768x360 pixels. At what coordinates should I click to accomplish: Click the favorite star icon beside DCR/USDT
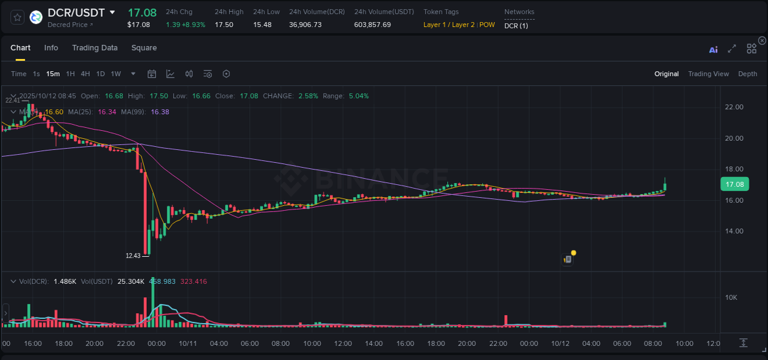(18, 17)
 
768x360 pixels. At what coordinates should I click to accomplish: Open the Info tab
(51, 48)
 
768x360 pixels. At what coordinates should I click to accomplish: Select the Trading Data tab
(95, 48)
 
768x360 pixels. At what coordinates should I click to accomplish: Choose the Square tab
(144, 48)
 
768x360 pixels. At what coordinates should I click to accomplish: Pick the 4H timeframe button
(85, 74)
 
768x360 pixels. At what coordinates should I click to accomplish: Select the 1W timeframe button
(116, 74)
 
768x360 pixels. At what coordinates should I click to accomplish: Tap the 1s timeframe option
(36, 74)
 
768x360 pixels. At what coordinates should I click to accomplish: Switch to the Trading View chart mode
(708, 74)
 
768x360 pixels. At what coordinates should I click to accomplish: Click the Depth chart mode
(747, 74)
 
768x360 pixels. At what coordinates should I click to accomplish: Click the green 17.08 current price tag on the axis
(734, 184)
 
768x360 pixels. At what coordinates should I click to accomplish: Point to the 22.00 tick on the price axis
(734, 107)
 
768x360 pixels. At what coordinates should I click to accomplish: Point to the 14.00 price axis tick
(734, 232)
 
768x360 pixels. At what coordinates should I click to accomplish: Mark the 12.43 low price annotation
(133, 256)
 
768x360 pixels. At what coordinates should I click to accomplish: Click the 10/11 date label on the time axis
(187, 343)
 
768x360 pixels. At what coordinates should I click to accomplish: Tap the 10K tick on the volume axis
(731, 298)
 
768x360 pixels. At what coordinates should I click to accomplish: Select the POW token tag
(487, 25)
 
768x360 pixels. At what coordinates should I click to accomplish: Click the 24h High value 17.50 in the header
(224, 25)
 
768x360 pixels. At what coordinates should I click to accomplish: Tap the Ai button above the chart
(713, 50)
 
